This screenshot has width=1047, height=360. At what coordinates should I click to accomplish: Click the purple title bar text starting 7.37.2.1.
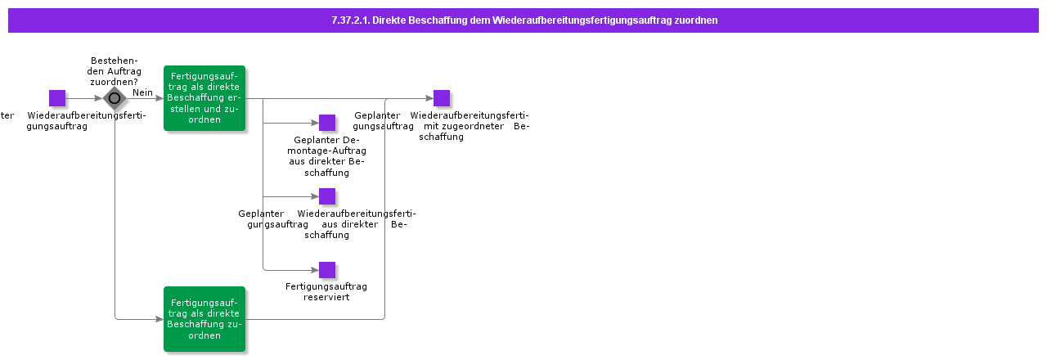point(523,20)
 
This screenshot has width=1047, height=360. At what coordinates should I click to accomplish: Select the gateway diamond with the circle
point(115,98)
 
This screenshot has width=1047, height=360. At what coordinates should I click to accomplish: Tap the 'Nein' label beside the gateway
point(143,92)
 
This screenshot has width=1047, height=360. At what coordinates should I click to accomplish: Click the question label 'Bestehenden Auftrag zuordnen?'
point(114,71)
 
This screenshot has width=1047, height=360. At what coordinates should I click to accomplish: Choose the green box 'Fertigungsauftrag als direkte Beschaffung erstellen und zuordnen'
point(204,98)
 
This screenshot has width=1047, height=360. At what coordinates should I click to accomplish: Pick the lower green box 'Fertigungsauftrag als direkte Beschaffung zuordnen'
point(204,319)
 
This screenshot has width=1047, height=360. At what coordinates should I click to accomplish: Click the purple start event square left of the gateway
point(57,98)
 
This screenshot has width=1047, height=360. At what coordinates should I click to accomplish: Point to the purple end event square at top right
point(442,98)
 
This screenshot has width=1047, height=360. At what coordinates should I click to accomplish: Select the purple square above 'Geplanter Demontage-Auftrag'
point(327,123)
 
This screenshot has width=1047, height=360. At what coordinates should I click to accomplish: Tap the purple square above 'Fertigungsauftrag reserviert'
point(327,270)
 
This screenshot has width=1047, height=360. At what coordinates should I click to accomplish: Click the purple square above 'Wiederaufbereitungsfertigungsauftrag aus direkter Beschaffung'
point(327,196)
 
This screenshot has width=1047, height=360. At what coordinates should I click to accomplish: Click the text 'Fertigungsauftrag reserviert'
point(326,291)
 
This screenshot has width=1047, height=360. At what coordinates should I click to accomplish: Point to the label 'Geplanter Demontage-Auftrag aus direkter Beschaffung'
point(326,155)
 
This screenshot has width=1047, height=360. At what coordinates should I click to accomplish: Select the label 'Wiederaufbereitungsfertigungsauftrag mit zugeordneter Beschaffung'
point(442,126)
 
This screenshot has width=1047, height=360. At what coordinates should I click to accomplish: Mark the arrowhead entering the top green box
point(159,98)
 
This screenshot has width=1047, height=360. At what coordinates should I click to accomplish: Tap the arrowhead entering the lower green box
point(159,319)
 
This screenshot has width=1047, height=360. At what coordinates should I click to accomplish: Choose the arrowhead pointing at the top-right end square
point(429,98)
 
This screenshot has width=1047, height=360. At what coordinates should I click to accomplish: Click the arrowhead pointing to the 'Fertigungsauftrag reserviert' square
point(314,270)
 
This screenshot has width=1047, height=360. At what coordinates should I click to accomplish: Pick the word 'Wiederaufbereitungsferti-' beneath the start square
point(87,115)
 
